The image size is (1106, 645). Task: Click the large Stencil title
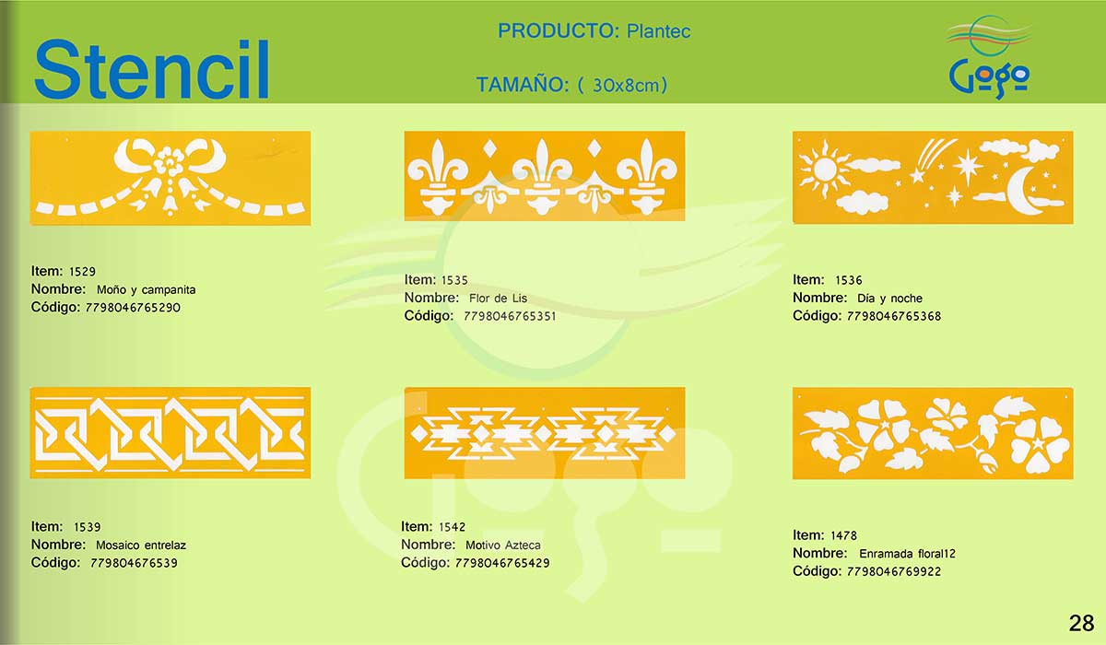click(x=151, y=69)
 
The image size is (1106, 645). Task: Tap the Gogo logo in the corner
click(x=989, y=57)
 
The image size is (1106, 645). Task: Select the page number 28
click(x=1081, y=623)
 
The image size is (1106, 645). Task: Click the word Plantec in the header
click(x=658, y=31)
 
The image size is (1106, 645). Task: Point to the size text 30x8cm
click(x=626, y=86)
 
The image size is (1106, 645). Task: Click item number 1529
click(x=82, y=272)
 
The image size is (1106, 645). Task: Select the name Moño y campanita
click(x=147, y=289)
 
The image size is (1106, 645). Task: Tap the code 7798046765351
click(x=510, y=316)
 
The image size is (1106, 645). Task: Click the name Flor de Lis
click(x=499, y=298)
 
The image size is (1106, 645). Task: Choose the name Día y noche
click(x=889, y=298)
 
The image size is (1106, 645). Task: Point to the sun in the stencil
click(x=824, y=170)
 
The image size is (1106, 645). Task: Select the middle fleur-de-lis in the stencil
click(x=542, y=176)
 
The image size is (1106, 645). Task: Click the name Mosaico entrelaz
click(x=141, y=545)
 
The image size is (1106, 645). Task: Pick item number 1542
click(x=452, y=527)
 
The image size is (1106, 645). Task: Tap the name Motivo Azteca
click(x=502, y=545)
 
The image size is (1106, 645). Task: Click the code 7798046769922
click(x=894, y=571)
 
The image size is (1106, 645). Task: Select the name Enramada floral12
click(x=907, y=554)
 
